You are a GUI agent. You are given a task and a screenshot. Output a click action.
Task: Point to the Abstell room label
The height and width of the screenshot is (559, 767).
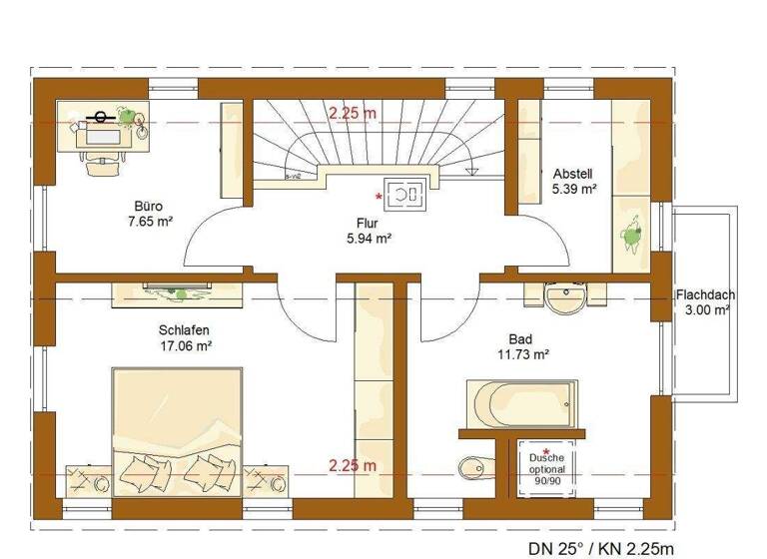pos(573,172)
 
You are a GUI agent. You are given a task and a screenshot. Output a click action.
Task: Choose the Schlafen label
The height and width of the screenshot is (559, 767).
pos(184,329)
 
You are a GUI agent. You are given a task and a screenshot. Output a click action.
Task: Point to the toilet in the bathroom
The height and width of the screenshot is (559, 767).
pos(473,467)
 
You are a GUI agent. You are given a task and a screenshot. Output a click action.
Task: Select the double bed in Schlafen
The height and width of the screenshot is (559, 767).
pos(177,431)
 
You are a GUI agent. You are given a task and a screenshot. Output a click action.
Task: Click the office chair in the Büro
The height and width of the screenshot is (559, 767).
pos(100,163)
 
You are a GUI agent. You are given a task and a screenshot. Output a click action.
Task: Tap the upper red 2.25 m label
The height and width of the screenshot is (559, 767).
pos(352,113)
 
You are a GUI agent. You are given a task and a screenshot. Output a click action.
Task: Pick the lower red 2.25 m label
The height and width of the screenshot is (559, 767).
pos(352,465)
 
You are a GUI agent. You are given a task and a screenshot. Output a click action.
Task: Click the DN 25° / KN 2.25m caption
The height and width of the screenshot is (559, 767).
pos(600,548)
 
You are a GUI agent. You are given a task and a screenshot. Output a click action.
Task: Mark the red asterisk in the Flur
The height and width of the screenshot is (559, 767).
pos(379,197)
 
